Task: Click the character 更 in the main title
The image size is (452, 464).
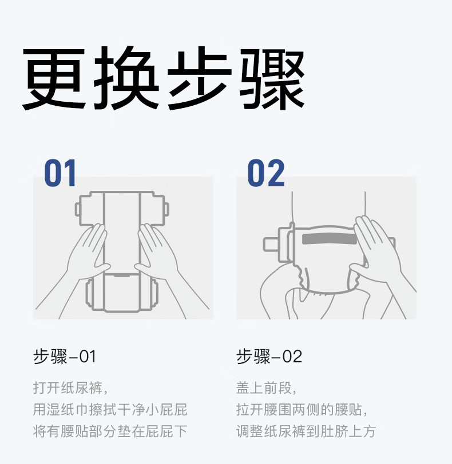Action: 54,78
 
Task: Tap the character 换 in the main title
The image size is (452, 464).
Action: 126,78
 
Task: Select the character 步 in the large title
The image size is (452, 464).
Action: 199,78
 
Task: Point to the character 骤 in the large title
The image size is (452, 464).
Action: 272,78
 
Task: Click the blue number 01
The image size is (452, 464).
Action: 60,173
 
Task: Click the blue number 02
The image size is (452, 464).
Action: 265,173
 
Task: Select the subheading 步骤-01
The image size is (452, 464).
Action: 64,357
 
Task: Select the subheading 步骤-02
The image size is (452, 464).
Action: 269,357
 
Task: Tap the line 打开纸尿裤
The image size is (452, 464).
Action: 70,388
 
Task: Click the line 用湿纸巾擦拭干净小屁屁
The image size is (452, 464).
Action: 110,410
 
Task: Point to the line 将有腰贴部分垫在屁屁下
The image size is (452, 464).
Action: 110,431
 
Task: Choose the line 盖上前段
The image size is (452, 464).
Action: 266,388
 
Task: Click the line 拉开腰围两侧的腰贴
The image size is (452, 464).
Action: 302,410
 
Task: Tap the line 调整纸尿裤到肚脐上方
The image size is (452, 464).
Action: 306,431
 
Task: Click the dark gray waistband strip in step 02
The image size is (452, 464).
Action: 330,238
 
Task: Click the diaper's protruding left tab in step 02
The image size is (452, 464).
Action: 271,244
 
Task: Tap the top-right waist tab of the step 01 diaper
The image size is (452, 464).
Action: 166,209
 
